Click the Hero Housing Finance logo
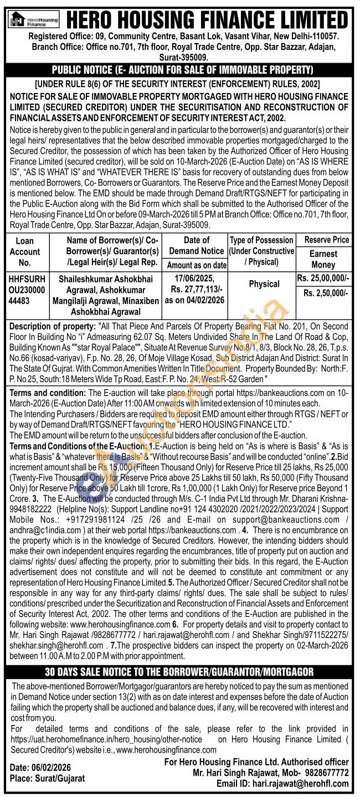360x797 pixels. pos(34,19)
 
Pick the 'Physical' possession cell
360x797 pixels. pos(264,284)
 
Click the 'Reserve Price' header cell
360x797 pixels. pos(323,240)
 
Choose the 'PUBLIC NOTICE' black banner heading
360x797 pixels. pos(182,70)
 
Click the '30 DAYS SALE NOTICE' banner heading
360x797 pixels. pos(179,672)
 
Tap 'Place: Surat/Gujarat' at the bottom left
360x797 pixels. pos(48,778)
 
